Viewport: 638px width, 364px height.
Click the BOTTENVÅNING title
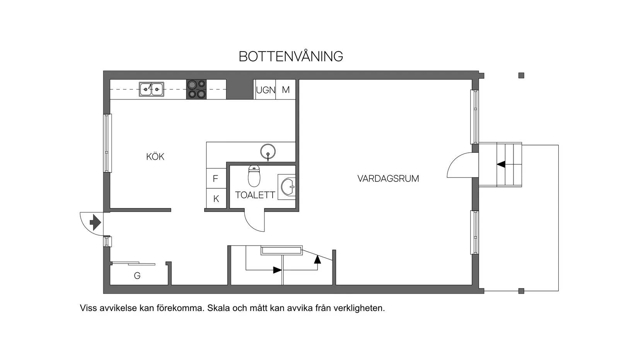(x=291, y=56)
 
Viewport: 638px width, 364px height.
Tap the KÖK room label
(x=155, y=157)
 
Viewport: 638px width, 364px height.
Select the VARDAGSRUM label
(x=388, y=179)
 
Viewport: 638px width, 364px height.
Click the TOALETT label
(x=255, y=195)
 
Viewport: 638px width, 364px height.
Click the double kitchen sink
(x=151, y=89)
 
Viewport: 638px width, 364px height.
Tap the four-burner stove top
(x=196, y=89)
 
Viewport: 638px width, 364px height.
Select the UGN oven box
(x=265, y=90)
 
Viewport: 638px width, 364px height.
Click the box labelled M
(x=286, y=90)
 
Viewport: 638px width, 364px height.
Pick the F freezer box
(x=216, y=178)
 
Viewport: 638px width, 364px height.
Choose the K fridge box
(x=216, y=198)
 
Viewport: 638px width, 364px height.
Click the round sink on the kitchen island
(x=268, y=152)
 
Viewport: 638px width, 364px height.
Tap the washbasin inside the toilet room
(x=288, y=187)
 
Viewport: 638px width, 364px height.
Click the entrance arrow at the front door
(x=95, y=222)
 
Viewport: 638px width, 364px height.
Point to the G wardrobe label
(x=137, y=276)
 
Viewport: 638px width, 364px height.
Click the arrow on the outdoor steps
(x=501, y=164)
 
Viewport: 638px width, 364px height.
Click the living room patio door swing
(x=460, y=166)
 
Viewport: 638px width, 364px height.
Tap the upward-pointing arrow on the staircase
(x=317, y=259)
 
